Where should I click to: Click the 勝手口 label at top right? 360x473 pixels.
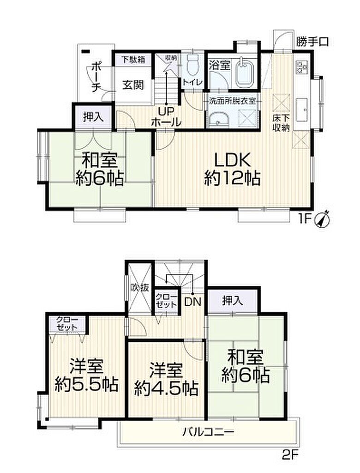pos(312,42)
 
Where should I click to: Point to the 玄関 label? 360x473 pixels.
pos(133,85)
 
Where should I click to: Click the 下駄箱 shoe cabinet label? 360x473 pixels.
pos(133,60)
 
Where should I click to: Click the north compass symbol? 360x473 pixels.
pos(322,219)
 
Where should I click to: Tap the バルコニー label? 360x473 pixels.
pos(208,432)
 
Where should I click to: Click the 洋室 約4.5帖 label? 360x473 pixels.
pos(166,380)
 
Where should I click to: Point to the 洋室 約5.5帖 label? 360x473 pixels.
pos(86,375)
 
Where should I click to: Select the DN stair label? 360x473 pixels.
pos(192,302)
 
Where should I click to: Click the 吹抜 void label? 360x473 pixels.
pos(139,287)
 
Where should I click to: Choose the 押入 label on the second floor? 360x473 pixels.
pos(233,300)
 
